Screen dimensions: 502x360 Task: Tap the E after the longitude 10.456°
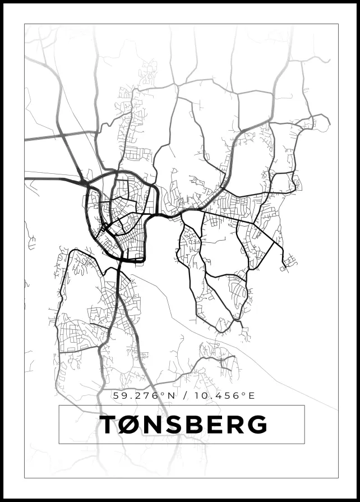point(252,395)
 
